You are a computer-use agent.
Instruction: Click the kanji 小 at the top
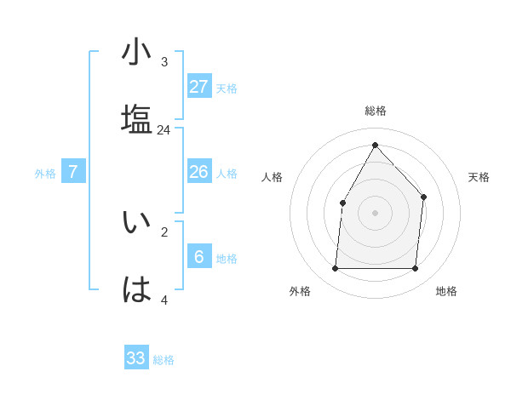coord(136,54)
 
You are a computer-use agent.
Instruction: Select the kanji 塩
coord(136,119)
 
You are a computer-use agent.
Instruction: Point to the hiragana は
coord(136,289)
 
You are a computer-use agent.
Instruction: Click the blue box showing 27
coord(199,86)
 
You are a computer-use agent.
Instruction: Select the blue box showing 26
coord(199,172)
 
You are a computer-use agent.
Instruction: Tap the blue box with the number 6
coord(199,257)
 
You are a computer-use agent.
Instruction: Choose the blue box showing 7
coord(73,172)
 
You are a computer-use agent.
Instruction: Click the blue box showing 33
coord(136,357)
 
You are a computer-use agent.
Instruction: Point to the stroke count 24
coord(164,130)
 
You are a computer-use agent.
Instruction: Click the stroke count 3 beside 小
coord(164,62)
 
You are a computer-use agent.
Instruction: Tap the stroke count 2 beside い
coord(164,231)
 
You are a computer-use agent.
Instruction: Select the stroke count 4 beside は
coord(164,300)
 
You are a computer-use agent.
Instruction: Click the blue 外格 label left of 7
coord(45,174)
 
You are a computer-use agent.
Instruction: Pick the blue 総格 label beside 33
coord(164,360)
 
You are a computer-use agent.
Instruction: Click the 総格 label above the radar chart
coord(376,111)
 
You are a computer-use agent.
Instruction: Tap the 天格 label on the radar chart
coord(479,177)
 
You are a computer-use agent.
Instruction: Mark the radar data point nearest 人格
coord(342,203)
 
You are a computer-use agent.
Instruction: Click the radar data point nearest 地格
coord(415,269)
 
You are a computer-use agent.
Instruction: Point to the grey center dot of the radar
coord(375,212)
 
